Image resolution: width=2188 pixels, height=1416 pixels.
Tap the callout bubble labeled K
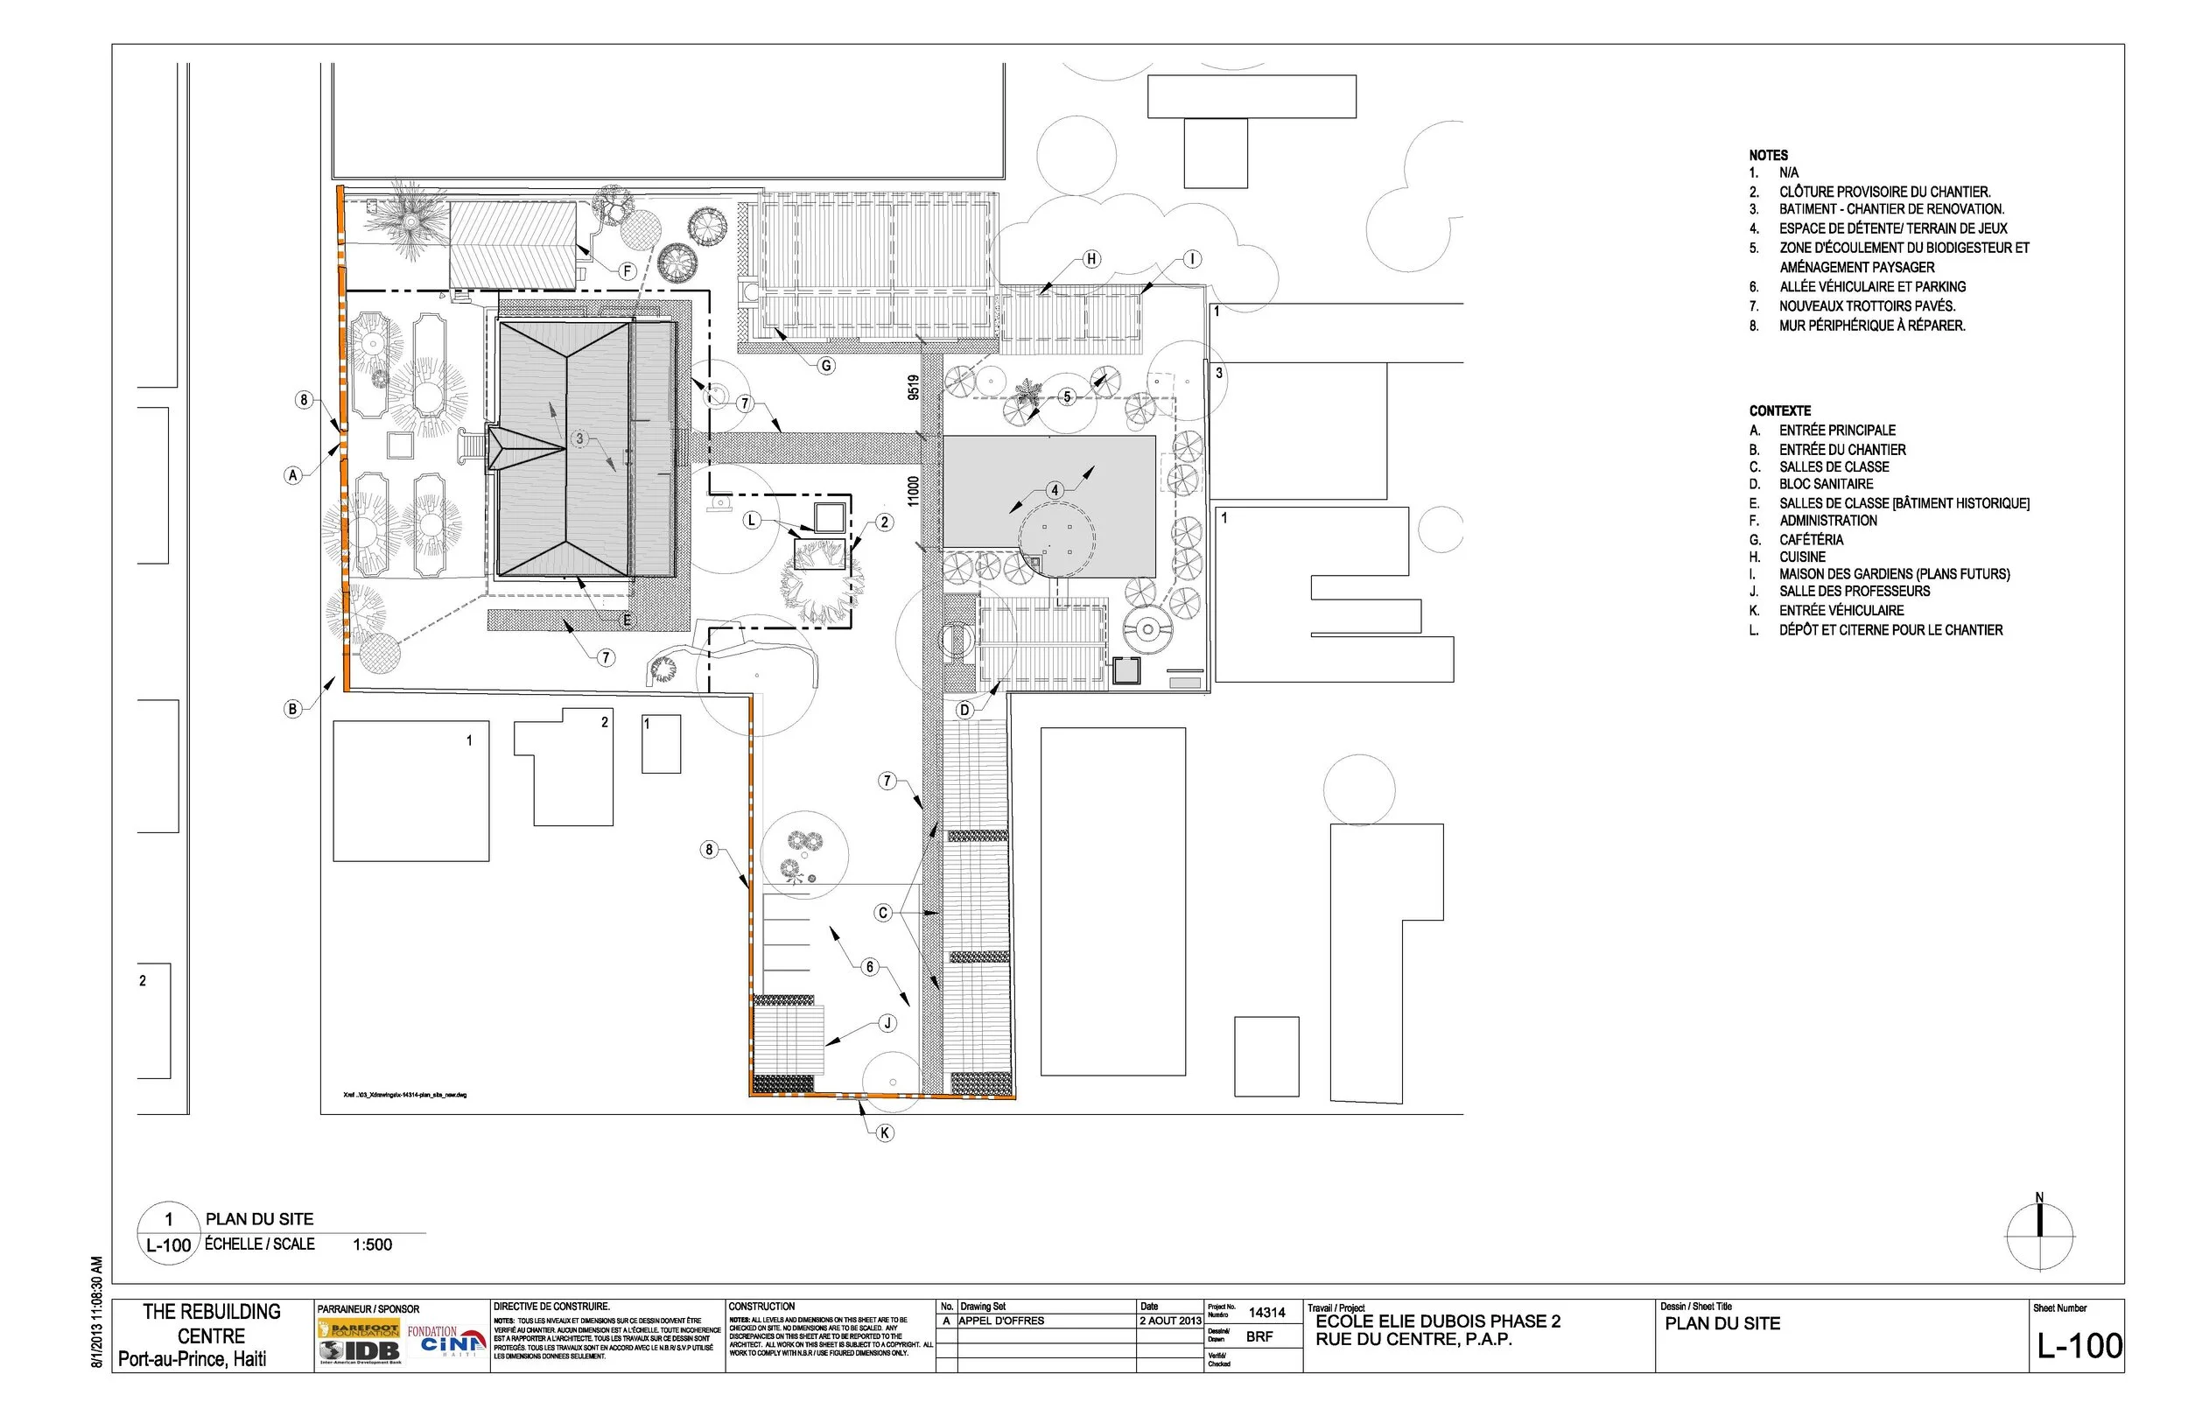click(x=885, y=1132)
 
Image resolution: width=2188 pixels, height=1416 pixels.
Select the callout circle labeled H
click(x=1091, y=259)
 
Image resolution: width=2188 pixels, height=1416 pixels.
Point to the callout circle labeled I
click(x=1191, y=259)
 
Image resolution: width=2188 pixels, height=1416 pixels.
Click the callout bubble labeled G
click(x=825, y=366)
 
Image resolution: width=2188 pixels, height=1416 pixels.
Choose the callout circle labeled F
click(x=628, y=271)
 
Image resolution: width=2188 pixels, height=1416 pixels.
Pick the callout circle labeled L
click(x=752, y=521)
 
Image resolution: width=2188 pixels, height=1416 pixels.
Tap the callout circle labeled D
click(x=964, y=710)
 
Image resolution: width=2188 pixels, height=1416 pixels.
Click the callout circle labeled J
click(x=887, y=1022)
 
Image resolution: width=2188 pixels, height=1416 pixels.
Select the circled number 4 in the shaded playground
click(x=1055, y=490)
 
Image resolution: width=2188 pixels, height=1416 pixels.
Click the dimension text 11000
click(x=913, y=490)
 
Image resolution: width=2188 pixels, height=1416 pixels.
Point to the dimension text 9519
click(x=913, y=387)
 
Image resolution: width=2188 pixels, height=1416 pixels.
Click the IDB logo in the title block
click(x=361, y=1349)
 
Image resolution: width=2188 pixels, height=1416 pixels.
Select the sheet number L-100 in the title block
click(x=2079, y=1346)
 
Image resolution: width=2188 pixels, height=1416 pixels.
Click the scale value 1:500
click(x=372, y=1245)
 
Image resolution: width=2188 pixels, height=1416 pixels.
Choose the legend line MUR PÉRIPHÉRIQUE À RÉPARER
click(x=1872, y=326)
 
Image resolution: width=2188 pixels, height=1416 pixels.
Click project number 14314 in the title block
click(x=1266, y=1313)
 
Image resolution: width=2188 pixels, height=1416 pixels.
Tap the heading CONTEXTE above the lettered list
click(x=1780, y=411)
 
